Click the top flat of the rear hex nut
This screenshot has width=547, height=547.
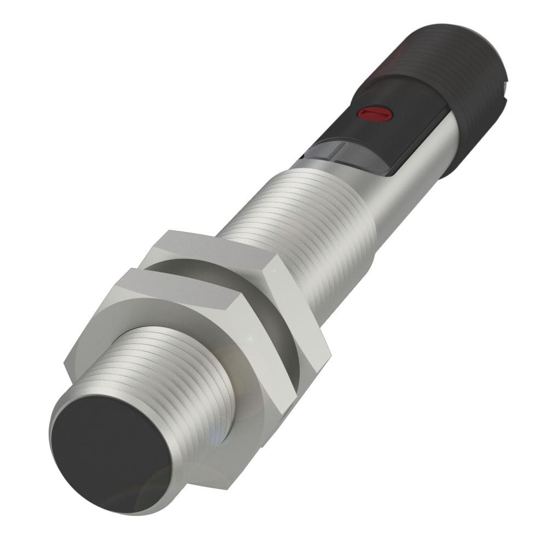click(208, 241)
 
